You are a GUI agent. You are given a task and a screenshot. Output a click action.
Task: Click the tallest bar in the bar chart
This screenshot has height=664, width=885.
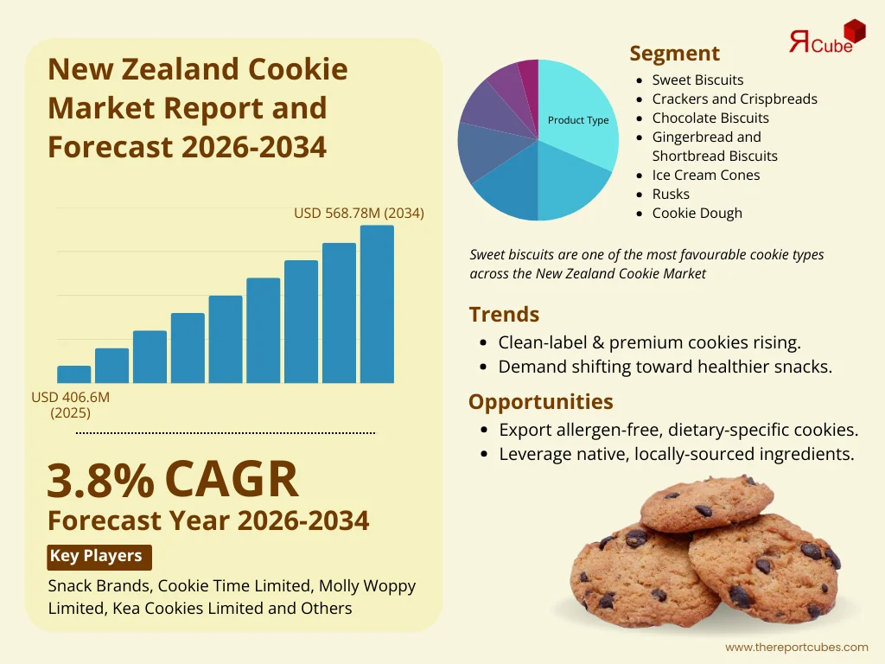click(377, 304)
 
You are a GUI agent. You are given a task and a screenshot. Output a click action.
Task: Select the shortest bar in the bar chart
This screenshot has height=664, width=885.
click(73, 374)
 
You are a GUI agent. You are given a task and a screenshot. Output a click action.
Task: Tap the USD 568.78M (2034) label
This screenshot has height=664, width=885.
click(359, 213)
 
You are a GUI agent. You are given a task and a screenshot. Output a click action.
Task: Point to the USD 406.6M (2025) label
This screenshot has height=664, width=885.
click(71, 405)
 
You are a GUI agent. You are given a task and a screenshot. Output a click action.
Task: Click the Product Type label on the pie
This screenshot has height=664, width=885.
click(578, 120)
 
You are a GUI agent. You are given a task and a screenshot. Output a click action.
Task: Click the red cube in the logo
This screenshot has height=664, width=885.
click(854, 32)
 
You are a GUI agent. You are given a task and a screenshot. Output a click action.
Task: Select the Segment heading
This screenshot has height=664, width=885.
click(674, 53)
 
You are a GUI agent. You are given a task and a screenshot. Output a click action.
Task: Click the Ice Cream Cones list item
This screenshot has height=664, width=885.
click(706, 175)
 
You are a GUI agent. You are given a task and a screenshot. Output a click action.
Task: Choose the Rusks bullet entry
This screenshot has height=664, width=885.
click(671, 194)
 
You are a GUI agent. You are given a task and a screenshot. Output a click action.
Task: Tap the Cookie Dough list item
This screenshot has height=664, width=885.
click(697, 213)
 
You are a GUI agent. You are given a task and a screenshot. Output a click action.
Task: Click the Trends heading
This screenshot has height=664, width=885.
click(504, 314)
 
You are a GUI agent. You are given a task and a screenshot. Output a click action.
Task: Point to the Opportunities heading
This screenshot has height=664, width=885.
click(541, 401)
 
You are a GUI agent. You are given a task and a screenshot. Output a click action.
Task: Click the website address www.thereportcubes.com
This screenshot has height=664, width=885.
click(796, 647)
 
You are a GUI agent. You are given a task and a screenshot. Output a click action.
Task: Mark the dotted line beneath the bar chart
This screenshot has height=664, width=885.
click(226, 431)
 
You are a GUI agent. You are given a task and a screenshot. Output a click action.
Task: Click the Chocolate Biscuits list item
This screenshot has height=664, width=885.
click(710, 118)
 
